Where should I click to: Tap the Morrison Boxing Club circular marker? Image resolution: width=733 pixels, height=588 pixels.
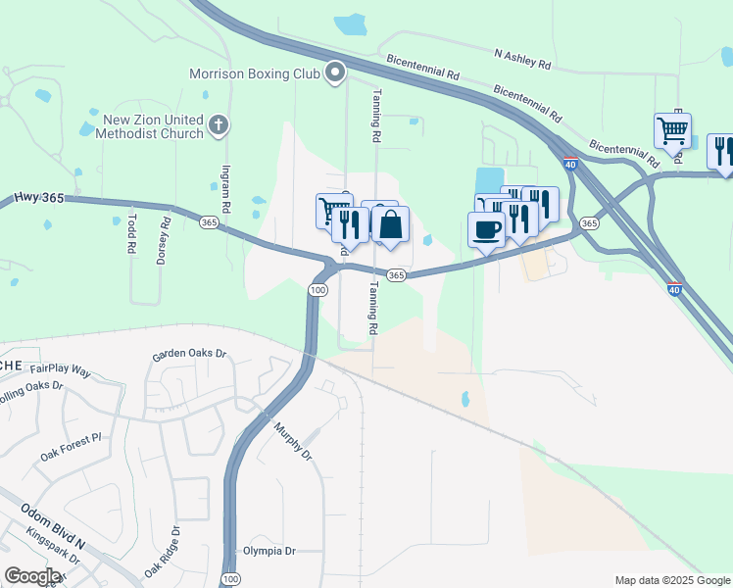click(336, 73)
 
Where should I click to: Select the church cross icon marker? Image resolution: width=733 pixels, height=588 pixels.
click(219, 125)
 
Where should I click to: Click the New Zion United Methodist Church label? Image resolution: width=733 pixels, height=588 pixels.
click(154, 126)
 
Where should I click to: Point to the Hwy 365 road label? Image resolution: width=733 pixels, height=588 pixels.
click(39, 198)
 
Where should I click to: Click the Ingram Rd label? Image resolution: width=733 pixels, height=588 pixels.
click(224, 190)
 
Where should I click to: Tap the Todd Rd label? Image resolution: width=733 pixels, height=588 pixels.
click(131, 235)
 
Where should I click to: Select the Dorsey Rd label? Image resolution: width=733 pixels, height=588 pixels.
click(166, 236)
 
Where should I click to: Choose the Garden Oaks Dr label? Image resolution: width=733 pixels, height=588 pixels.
click(189, 355)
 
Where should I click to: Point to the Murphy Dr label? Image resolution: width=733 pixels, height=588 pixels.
click(292, 441)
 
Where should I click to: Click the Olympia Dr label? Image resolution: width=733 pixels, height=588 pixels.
click(269, 551)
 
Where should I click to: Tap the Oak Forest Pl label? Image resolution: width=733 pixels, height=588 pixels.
click(70, 447)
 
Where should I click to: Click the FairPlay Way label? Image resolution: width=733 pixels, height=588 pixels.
click(60, 371)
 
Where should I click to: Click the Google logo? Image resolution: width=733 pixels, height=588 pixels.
click(32, 576)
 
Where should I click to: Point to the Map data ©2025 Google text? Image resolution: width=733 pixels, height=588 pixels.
click(671, 580)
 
